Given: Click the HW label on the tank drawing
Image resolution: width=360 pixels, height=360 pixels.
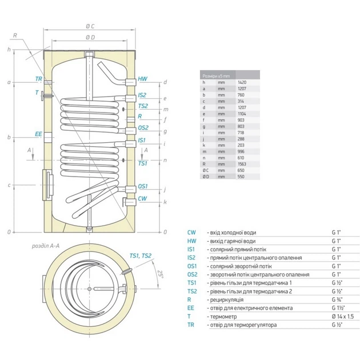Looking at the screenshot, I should click(x=143, y=81).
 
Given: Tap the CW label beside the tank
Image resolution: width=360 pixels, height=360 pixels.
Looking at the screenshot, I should click(x=143, y=198).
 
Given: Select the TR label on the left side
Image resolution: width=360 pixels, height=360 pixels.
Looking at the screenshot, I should click(x=38, y=78).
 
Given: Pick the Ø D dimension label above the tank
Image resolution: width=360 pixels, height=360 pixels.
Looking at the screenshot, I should click(x=90, y=38).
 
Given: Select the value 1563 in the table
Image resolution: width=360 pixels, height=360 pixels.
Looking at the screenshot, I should click(x=242, y=163).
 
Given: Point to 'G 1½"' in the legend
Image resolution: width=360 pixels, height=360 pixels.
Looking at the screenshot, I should click(x=338, y=308).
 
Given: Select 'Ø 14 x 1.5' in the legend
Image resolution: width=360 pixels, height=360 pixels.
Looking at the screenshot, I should click(x=342, y=316).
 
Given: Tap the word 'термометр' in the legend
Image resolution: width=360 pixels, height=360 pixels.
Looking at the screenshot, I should click(x=220, y=316).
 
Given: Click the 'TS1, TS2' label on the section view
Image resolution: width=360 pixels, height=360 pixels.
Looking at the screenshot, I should click(x=141, y=255).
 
